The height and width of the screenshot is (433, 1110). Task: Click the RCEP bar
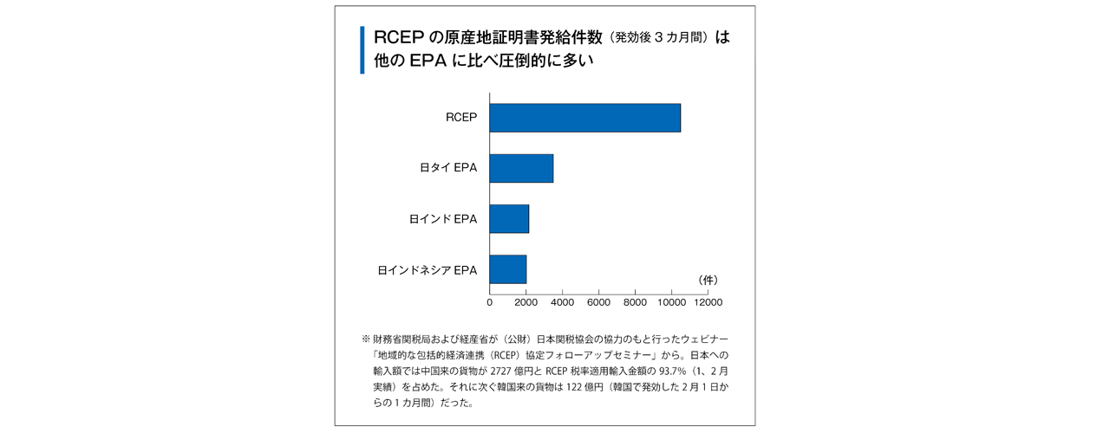584,118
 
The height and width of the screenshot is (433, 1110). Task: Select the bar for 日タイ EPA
521,168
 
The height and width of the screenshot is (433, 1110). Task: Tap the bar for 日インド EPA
509,219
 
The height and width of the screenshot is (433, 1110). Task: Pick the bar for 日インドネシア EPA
508,269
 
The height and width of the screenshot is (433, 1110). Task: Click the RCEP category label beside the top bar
461,118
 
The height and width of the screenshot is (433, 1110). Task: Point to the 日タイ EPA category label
448,168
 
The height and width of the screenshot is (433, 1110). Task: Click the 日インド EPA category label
442,219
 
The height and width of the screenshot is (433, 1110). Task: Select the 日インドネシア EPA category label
427,270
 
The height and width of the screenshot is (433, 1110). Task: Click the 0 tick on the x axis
490,302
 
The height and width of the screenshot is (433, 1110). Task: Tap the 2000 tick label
526,302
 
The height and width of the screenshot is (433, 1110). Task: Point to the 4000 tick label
562,302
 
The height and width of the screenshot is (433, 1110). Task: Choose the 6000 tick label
598,302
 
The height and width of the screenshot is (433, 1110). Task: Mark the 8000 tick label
635,302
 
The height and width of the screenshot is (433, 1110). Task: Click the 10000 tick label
671,302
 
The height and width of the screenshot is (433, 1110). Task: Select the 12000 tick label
708,302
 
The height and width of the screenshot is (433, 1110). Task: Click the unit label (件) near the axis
708,280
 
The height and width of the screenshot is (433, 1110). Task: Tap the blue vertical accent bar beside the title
362,50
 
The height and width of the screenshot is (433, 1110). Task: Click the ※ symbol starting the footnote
365,337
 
